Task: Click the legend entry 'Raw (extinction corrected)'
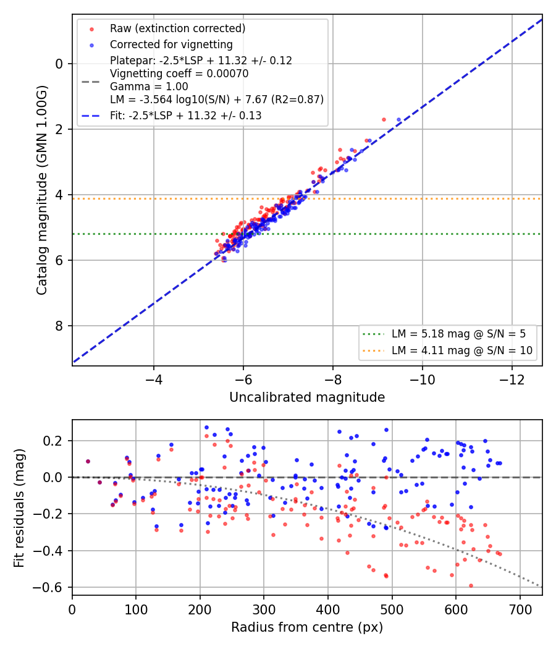177,28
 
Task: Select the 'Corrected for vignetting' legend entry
171,45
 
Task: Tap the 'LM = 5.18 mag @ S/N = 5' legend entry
459,334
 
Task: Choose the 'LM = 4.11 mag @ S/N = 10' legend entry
462,350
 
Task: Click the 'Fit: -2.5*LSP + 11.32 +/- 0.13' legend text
186,116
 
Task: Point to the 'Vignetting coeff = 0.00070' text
179,74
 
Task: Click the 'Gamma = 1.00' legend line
149,87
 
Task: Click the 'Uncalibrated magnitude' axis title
307,397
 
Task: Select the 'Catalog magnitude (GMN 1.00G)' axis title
41,190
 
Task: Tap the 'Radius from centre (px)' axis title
307,627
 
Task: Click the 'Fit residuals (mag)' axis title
19,508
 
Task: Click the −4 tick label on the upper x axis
153,380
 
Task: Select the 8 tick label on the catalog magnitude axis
59,326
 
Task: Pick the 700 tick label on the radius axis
520,609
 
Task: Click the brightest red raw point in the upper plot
384,120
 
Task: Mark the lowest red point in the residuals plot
471,586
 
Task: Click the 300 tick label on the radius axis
264,609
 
